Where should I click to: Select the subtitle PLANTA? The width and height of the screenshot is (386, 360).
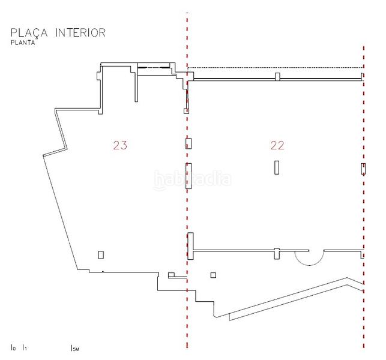23,43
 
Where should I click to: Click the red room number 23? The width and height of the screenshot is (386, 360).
120,145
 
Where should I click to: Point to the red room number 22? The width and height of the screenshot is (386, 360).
277,145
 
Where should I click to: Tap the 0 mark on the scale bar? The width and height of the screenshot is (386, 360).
13,347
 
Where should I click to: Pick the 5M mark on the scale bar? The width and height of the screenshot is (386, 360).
74,347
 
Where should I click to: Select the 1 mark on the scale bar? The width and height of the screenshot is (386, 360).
24,347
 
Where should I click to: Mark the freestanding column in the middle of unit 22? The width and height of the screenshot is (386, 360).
277,167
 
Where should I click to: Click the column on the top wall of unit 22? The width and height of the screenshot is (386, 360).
277,76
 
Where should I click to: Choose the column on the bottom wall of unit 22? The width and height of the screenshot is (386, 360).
277,253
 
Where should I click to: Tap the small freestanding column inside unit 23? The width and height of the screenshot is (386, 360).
101,254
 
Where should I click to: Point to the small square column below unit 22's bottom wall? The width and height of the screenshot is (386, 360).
213,275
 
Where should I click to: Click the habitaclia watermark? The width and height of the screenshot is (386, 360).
193,179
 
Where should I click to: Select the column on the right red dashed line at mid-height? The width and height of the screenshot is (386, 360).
363,169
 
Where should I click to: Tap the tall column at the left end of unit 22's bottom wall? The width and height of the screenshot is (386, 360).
190,246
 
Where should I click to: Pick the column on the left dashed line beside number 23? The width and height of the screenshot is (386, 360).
188,143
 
